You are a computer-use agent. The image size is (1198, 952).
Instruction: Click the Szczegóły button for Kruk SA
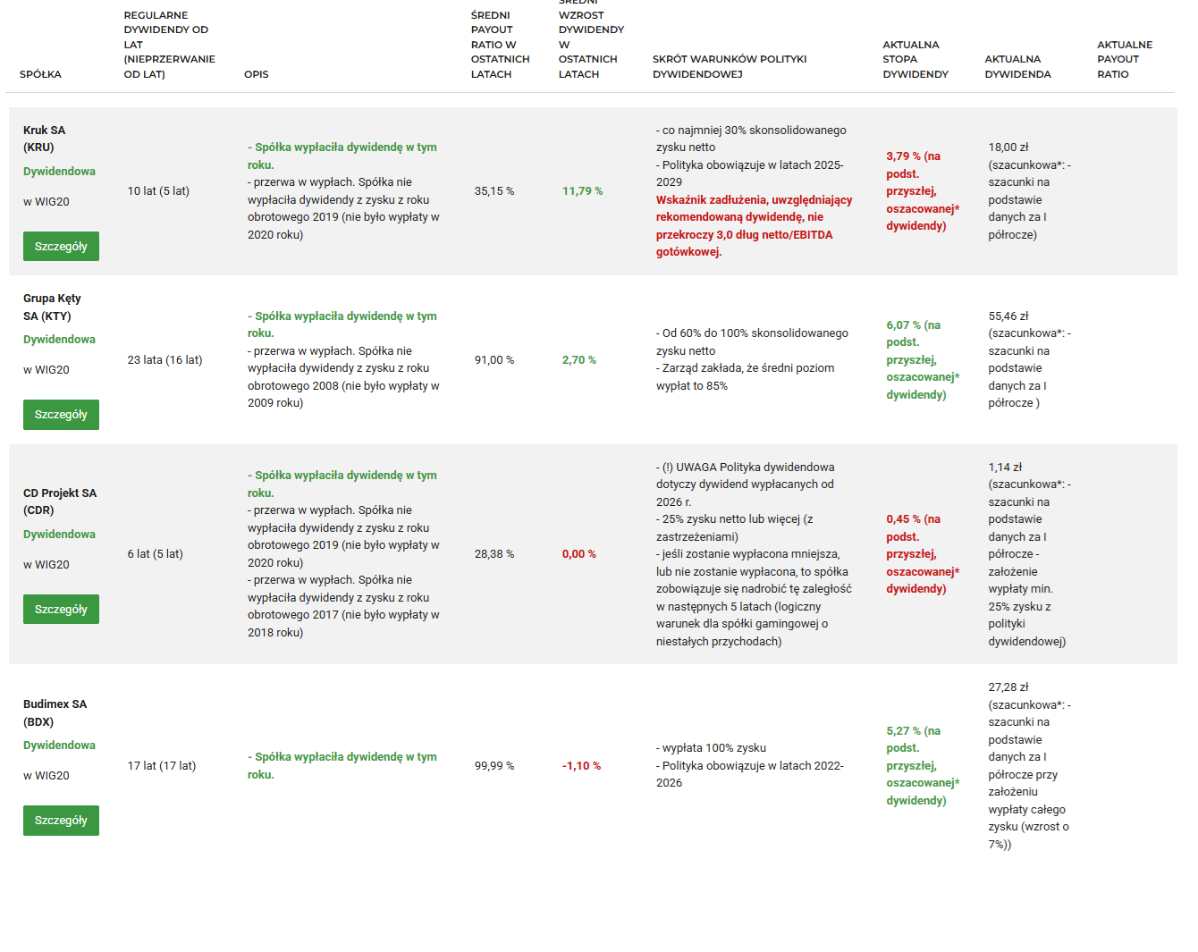[x=61, y=247]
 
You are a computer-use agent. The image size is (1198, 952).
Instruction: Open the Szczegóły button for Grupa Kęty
[x=61, y=415]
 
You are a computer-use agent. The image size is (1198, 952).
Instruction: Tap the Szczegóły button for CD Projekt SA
[x=61, y=610]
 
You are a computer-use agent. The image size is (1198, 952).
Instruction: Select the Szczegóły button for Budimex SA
[x=61, y=821]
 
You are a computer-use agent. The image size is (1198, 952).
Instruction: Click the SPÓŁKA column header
[x=40, y=74]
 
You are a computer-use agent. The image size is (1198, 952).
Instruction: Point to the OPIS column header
[x=256, y=74]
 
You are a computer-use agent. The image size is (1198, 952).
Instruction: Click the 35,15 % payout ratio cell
[x=494, y=191]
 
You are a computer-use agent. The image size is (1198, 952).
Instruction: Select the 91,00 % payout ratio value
[x=494, y=360]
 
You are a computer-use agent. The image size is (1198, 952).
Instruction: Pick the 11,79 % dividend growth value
[x=582, y=191]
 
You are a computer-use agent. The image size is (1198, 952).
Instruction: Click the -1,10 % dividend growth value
[x=581, y=766]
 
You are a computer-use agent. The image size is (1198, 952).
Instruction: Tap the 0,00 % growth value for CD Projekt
[x=578, y=554]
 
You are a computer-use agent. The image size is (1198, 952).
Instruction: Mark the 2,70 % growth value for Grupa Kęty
[x=578, y=360]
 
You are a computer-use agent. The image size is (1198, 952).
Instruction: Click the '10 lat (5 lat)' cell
[x=158, y=191]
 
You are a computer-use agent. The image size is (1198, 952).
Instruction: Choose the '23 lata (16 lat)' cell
[x=165, y=360]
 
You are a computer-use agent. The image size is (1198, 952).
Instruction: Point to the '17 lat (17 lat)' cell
[x=161, y=766]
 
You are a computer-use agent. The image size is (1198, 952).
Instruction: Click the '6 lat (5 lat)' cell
[x=155, y=554]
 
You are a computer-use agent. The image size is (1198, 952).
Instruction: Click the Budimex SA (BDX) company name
[x=55, y=712]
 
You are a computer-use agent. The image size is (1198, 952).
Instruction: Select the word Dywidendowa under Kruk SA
[x=59, y=172]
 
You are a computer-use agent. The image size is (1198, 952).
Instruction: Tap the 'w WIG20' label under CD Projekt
[x=46, y=565]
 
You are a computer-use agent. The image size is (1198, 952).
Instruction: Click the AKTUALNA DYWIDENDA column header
[x=1017, y=67]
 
